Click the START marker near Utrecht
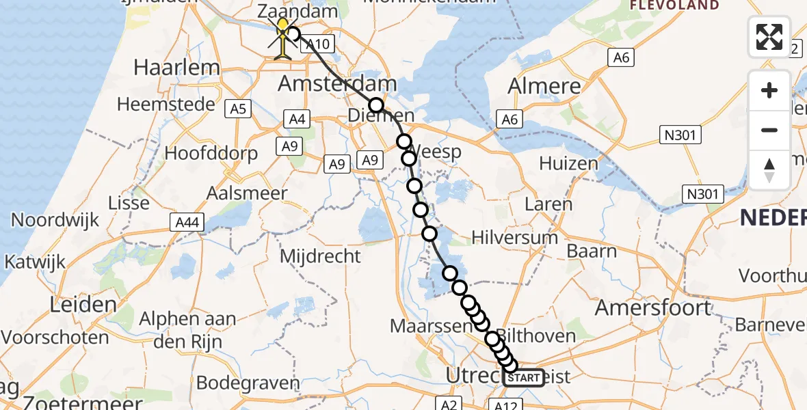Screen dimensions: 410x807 point(524,377)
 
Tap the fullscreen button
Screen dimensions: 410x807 point(769,37)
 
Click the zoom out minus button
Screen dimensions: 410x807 point(769,130)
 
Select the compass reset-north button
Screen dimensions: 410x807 point(769,170)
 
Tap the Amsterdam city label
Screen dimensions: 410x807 point(337,85)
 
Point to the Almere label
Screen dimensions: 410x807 point(544,86)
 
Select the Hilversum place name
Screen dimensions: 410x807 point(515,238)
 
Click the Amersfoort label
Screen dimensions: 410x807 point(653,307)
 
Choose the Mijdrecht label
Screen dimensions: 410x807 point(321,256)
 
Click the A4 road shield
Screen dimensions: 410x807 point(297,120)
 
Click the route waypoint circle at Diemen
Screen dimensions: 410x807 point(376,105)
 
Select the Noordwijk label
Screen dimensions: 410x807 point(55,220)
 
